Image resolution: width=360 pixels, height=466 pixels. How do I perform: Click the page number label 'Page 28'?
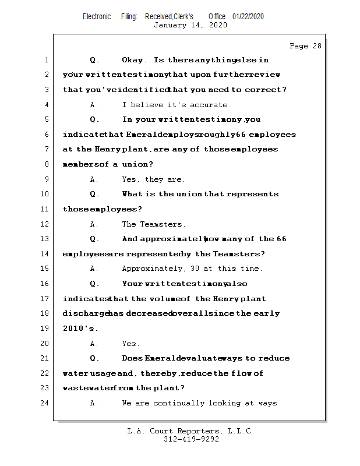pyautogui.click(x=305, y=46)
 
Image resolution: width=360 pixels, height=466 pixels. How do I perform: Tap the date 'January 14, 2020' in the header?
pyautogui.click(x=190, y=25)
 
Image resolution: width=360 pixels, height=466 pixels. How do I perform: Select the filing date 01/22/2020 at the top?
pyautogui.click(x=248, y=16)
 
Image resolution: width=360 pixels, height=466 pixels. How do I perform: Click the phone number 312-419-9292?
pyautogui.click(x=191, y=439)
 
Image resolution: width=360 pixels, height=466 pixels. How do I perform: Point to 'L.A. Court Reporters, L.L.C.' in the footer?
pyautogui.click(x=190, y=431)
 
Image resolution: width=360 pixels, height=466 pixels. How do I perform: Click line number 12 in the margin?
pyautogui.click(x=46, y=224)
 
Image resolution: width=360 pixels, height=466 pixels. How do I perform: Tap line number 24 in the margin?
pyautogui.click(x=46, y=403)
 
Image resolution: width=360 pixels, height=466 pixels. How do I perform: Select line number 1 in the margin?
pyautogui.click(x=46, y=60)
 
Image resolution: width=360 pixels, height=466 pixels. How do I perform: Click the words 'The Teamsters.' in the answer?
pyautogui.click(x=153, y=224)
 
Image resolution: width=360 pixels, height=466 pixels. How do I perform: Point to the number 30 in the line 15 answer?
pyautogui.click(x=195, y=269)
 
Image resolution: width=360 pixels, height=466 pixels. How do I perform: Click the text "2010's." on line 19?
pyautogui.click(x=76, y=329)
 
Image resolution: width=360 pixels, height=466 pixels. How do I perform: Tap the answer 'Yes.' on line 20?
pyautogui.click(x=130, y=344)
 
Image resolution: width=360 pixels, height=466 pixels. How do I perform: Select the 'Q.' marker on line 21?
pyautogui.click(x=94, y=358)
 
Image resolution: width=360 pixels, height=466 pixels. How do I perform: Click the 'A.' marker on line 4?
pyautogui.click(x=94, y=105)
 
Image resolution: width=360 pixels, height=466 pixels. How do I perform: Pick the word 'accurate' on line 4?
pyautogui.click(x=210, y=105)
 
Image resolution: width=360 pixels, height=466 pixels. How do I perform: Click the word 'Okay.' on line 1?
pyautogui.click(x=135, y=60)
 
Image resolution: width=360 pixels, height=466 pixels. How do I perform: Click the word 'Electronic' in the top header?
pyautogui.click(x=97, y=16)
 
